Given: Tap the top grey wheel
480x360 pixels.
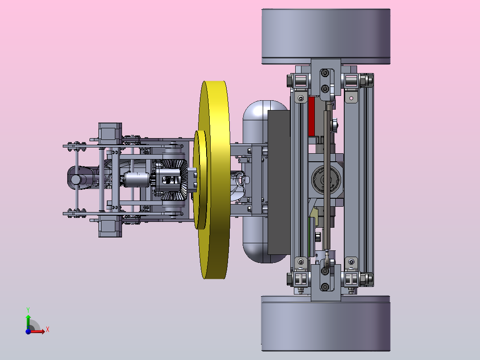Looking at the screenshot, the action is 326,37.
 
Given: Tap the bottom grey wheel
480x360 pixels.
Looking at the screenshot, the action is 326,323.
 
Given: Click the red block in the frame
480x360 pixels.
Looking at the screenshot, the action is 312,116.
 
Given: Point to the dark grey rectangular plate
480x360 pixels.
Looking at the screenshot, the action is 279,182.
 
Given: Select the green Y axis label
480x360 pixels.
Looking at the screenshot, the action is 28,310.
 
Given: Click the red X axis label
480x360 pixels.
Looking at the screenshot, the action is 48,330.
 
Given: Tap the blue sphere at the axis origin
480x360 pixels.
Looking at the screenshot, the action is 28,331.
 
